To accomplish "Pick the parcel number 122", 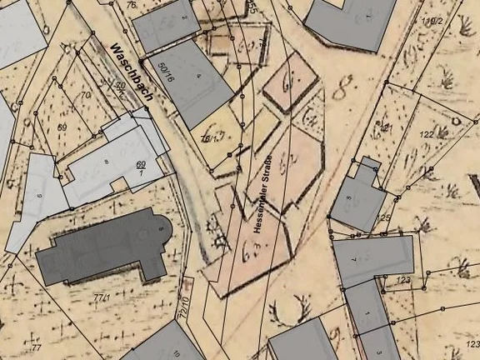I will coord(427,134).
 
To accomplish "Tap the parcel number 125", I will coord(384,217).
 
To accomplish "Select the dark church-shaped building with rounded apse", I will coord(104,247).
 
